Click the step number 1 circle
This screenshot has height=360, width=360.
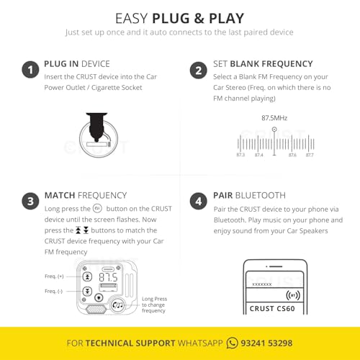(x=30, y=70)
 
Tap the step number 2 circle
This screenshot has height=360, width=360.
(x=198, y=70)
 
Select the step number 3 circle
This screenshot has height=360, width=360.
(x=30, y=202)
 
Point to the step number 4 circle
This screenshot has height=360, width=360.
(x=198, y=202)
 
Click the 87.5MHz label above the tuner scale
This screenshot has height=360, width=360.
(x=274, y=117)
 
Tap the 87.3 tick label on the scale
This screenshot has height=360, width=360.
(x=240, y=155)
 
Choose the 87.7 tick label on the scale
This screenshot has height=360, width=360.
(x=309, y=155)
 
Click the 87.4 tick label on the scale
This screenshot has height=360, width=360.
(x=258, y=155)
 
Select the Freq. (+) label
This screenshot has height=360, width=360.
(x=54, y=276)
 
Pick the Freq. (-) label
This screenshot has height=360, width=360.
(x=54, y=291)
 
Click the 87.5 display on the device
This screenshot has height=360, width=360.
(x=108, y=276)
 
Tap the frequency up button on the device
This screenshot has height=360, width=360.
(x=87, y=276)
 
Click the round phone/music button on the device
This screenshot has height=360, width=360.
(x=117, y=305)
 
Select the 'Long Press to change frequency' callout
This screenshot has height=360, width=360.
(x=154, y=305)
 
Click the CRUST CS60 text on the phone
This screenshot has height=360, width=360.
(x=274, y=310)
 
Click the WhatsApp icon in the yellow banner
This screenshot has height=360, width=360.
(x=233, y=343)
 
